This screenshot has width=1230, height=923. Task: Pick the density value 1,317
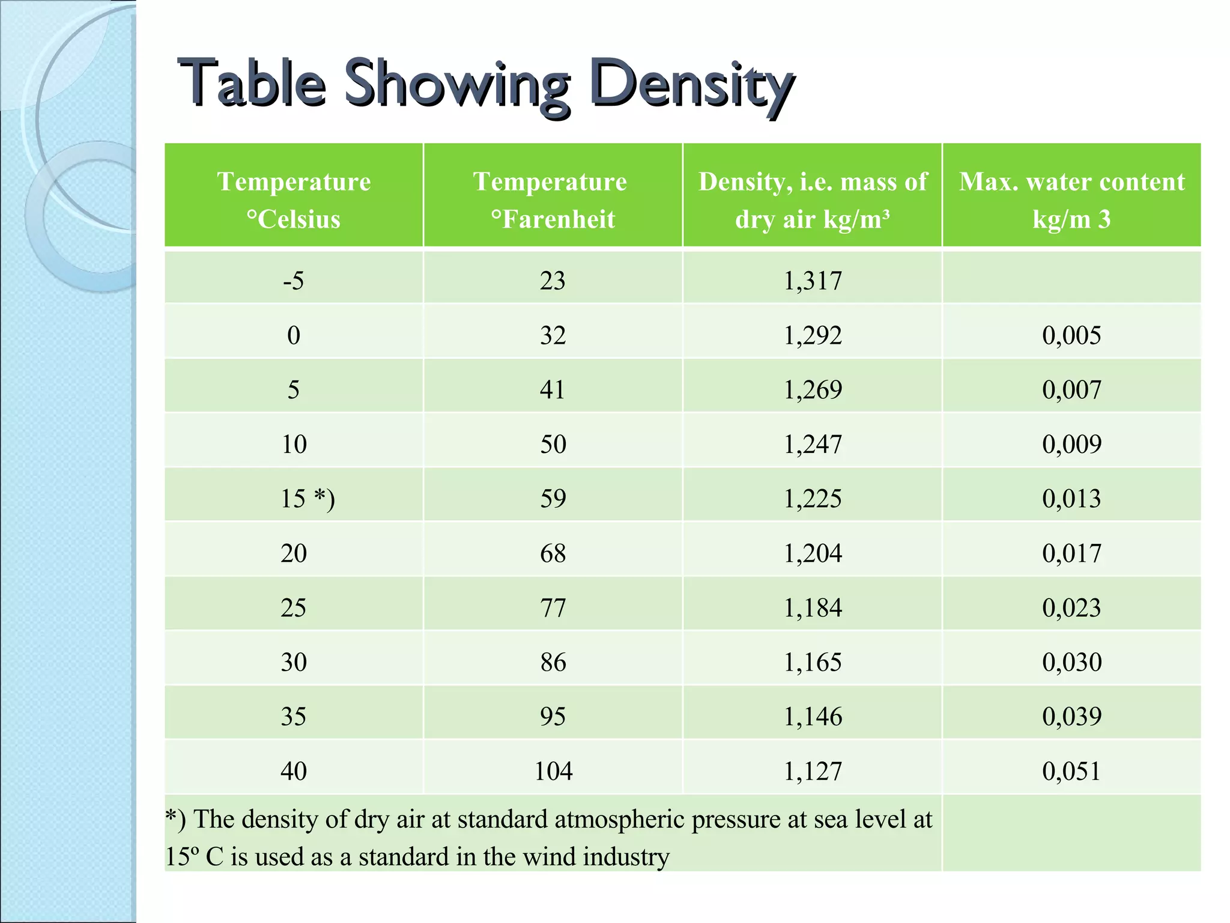813,281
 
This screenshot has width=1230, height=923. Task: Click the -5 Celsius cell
294,281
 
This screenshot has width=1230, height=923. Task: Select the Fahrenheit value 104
553,771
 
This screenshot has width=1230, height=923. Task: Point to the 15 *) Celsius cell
307,499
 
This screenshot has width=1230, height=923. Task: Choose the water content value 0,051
1071,771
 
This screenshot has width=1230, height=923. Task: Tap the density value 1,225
813,499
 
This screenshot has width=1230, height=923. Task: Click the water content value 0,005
1071,335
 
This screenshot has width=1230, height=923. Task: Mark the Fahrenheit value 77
553,608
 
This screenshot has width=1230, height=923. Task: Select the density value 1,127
813,771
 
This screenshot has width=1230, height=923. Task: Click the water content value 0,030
1071,662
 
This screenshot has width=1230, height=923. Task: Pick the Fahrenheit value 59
553,499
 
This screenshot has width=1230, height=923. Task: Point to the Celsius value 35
294,716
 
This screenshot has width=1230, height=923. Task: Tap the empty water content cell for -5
1071,278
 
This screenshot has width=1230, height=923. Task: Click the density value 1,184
813,608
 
